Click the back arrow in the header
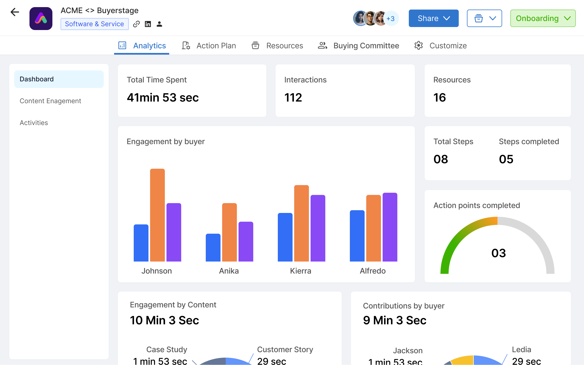click(15, 12)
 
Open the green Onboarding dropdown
click(543, 18)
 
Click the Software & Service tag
click(94, 24)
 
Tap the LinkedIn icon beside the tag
click(148, 24)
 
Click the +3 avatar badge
click(391, 19)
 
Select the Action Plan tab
click(209, 46)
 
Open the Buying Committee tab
click(359, 46)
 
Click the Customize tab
click(440, 46)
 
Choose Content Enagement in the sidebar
click(50, 101)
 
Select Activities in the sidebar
click(34, 123)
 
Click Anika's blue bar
click(213, 248)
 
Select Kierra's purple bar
click(318, 228)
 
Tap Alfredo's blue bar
click(357, 236)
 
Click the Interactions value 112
click(293, 97)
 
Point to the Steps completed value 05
click(506, 159)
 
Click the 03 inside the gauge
click(499, 253)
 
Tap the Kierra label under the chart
click(300, 271)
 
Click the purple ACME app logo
click(41, 19)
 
